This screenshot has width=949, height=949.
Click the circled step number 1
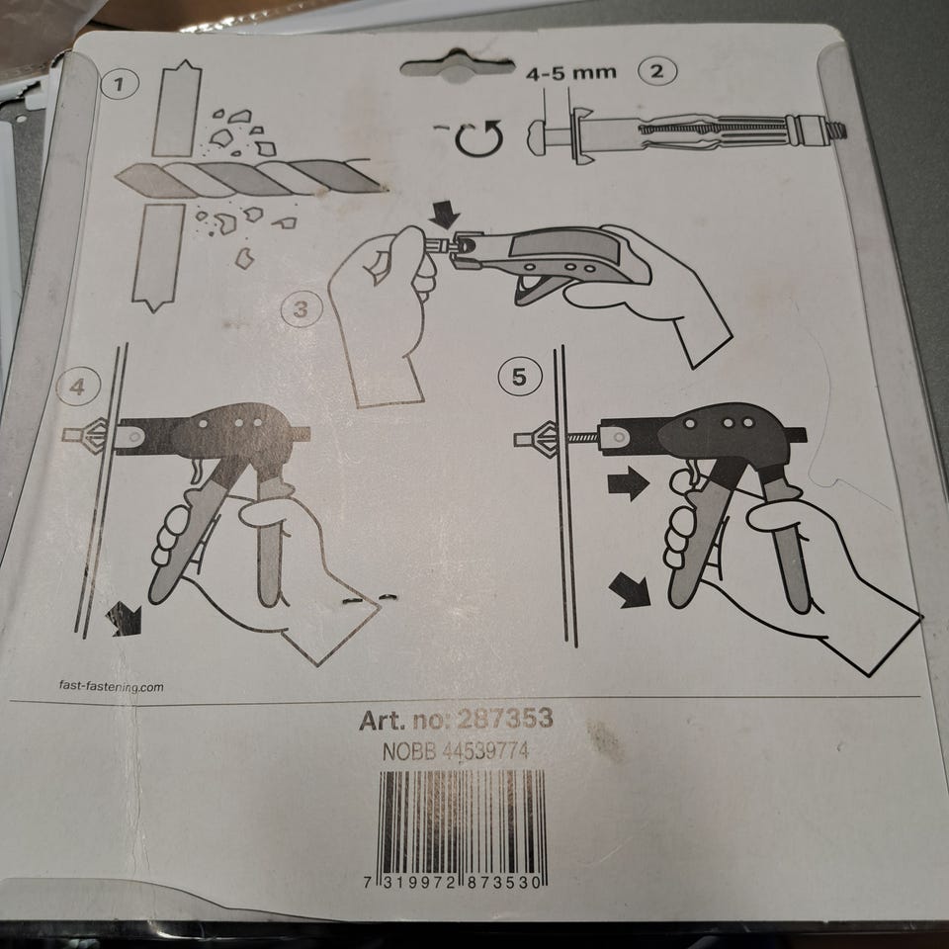click(119, 84)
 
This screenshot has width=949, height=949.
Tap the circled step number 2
click(656, 72)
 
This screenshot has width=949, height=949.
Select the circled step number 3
click(301, 309)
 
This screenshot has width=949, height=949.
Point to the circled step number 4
click(77, 387)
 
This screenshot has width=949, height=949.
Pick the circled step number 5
click(519, 377)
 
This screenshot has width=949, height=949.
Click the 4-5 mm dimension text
click(570, 74)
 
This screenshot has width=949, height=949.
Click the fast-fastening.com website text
click(111, 686)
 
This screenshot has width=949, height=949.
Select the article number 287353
click(505, 719)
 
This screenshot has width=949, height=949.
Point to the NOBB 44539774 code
click(456, 751)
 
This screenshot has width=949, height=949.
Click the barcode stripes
click(462, 823)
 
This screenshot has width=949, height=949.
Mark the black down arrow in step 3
click(446, 215)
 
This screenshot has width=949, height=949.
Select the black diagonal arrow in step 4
click(125, 619)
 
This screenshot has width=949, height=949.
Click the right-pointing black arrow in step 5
click(628, 483)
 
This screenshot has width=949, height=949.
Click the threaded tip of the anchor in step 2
click(838, 130)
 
